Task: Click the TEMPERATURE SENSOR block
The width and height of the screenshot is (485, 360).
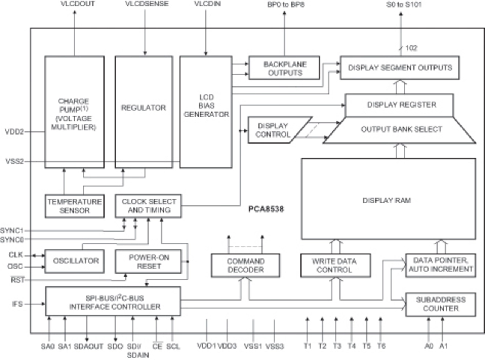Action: point(74,206)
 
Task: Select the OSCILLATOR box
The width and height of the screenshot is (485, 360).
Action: point(74,261)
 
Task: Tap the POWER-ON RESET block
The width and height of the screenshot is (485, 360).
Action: point(148,261)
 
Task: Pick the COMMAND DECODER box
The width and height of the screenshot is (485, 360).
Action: point(245,265)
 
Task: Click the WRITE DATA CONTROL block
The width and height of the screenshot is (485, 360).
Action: point(335,265)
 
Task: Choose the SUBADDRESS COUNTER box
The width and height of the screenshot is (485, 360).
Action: point(440,304)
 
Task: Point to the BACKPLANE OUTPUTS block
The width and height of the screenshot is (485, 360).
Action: point(284,68)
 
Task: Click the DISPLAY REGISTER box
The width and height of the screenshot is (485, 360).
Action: point(399,105)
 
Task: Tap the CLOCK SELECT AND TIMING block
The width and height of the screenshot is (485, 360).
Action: point(148,206)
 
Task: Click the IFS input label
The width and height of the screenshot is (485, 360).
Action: point(17,304)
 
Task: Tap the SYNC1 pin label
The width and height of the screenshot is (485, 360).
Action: point(11,230)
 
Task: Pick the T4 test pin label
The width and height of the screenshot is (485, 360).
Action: point(352,346)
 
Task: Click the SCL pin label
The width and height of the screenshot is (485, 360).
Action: point(173,346)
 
